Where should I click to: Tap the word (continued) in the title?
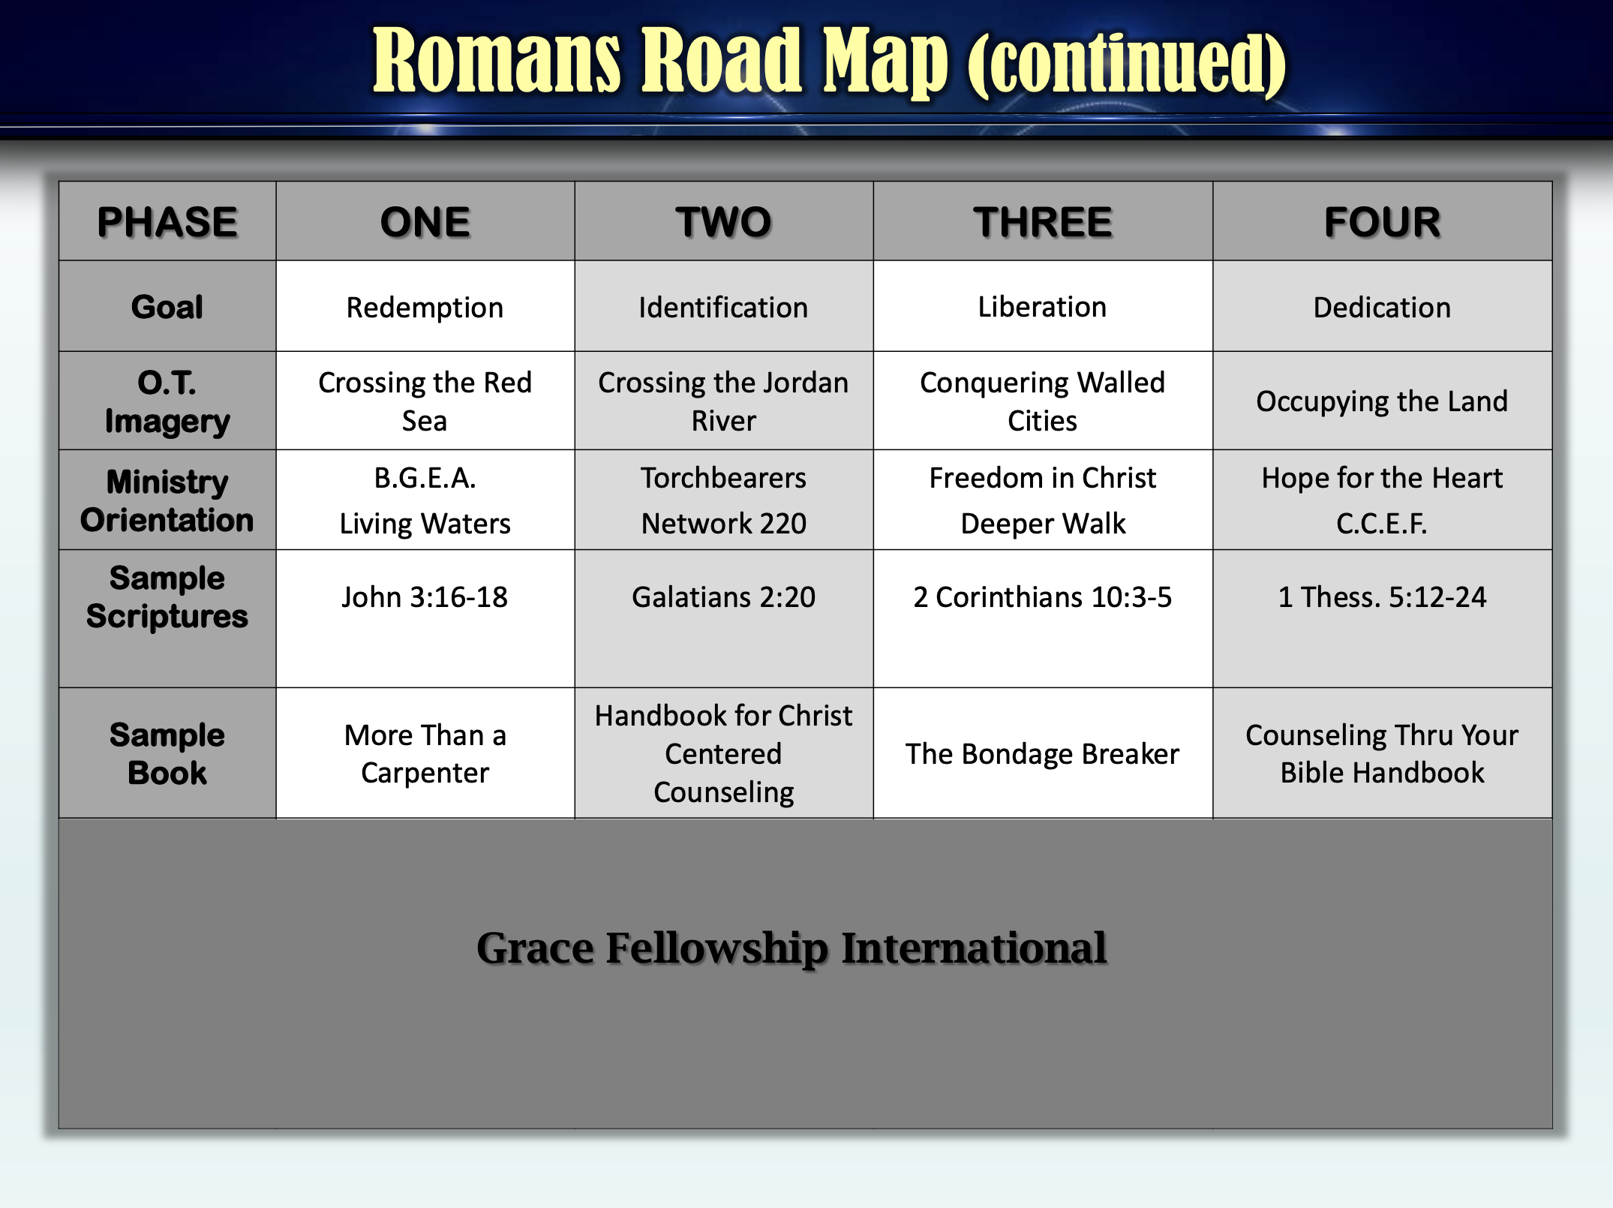(x=1127, y=64)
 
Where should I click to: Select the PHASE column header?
(x=167, y=222)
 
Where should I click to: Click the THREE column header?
(x=1043, y=222)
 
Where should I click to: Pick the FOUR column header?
(x=1382, y=222)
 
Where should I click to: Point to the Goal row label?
(x=167, y=307)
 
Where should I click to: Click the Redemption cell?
(x=425, y=308)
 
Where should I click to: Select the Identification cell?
(x=723, y=308)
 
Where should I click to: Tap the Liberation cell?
(x=1043, y=307)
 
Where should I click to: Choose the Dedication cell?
(x=1382, y=308)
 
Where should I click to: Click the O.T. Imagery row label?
(x=167, y=402)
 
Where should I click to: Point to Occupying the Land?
(x=1382, y=401)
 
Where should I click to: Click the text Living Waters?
(x=425, y=524)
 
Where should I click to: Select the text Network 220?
(x=723, y=524)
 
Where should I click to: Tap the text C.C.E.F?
(x=1382, y=524)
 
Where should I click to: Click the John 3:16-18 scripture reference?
(x=425, y=597)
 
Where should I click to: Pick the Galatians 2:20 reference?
(x=723, y=597)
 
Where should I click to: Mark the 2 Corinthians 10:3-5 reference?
(x=1043, y=597)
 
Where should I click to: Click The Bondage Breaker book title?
(x=1043, y=754)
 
